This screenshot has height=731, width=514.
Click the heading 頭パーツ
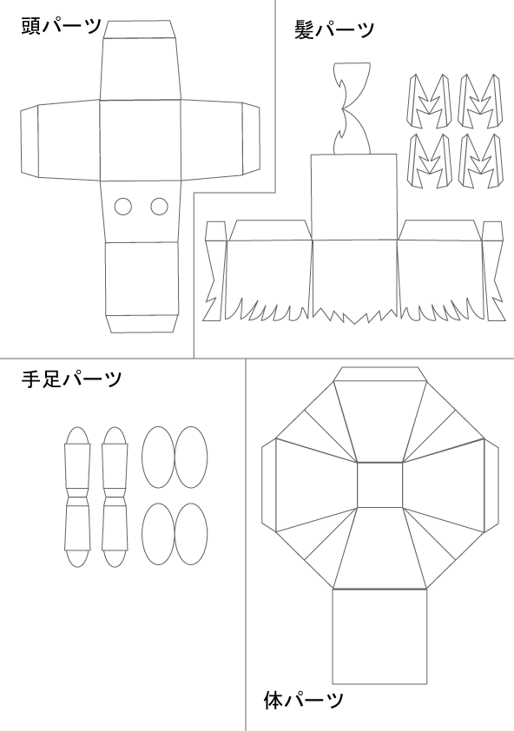[61, 26]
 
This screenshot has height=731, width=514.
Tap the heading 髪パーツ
[334, 30]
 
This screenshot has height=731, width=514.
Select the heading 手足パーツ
[71, 379]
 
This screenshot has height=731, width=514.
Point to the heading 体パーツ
[303, 701]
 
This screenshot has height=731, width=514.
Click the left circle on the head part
[123, 207]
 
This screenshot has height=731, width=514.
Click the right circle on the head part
[159, 207]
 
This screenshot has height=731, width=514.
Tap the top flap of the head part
[140, 30]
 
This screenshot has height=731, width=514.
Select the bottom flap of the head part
[142, 324]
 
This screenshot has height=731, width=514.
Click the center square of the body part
[379, 484]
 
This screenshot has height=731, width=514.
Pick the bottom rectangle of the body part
[379, 637]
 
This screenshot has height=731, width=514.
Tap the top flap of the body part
[380, 374]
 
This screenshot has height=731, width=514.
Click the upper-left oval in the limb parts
[158, 458]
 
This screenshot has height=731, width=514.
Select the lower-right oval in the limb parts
[191, 534]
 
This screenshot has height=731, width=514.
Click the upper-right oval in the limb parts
[191, 458]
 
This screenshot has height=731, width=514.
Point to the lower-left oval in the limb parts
[158, 534]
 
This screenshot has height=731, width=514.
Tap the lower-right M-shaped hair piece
[480, 161]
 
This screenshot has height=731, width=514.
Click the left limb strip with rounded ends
[77, 497]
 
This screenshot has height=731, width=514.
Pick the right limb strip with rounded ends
[115, 497]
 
